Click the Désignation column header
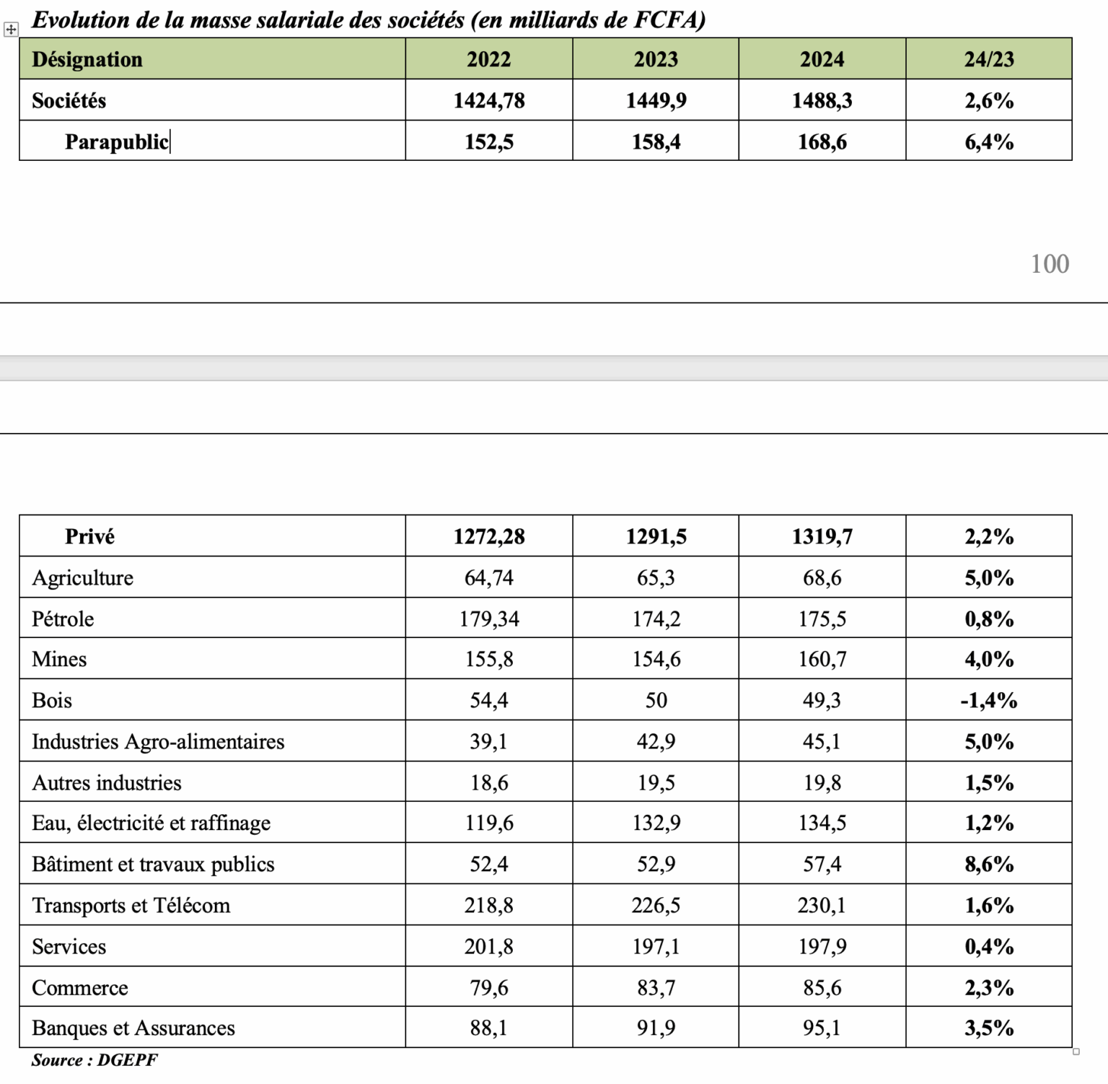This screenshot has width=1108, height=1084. pos(87,59)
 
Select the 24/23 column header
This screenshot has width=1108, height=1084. pos(989,59)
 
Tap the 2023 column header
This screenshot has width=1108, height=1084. pos(656,59)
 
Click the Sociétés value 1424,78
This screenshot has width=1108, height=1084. pos(489,100)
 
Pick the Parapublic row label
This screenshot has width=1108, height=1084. pos(116,141)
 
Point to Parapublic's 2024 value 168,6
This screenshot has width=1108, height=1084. pos(822,141)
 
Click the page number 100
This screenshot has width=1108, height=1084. pos(1050,264)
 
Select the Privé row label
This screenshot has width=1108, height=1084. pos(89,536)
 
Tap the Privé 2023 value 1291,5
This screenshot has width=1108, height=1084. pos(656,536)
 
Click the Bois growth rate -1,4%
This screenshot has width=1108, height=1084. pos(989,700)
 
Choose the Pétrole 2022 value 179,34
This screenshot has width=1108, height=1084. pos(489,619)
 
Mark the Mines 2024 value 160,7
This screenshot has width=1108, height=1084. pos(822,659)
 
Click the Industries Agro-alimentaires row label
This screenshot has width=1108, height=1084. pos(158,741)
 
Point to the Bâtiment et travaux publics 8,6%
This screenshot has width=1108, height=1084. pos(989,864)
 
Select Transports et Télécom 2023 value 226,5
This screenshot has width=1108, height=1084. pos(656,905)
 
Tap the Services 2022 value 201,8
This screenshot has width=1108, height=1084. pos(489,946)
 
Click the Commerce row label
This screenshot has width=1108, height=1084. pos(80,987)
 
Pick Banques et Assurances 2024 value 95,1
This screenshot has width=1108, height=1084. pos(822,1028)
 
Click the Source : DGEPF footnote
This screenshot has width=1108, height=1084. pos(94,1059)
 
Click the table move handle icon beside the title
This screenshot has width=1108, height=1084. pos(11,30)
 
